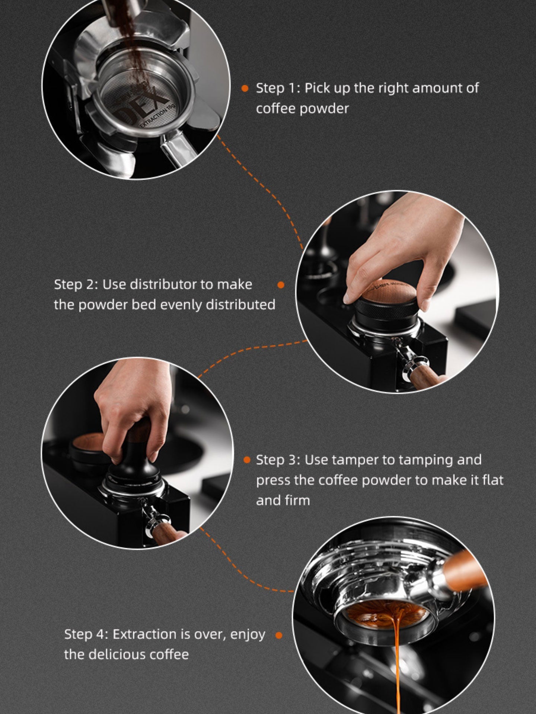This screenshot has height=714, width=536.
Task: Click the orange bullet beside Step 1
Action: click(245, 88)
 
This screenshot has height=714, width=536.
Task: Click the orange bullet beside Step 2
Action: click(281, 285)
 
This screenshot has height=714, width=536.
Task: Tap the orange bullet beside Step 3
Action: click(246, 460)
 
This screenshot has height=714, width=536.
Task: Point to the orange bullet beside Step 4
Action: click(277, 635)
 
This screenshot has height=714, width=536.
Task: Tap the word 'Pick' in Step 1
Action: click(318, 88)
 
